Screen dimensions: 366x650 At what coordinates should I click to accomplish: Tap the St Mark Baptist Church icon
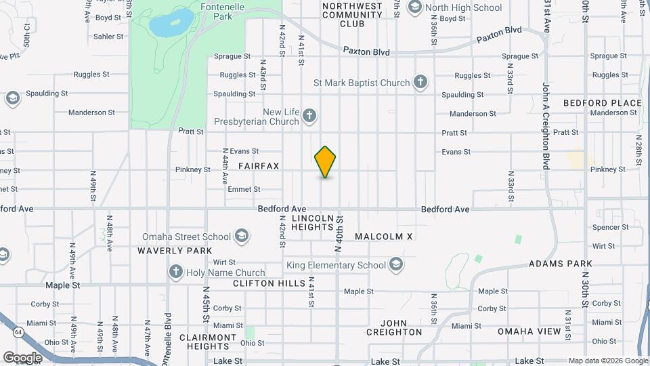pyautogui.click(x=420, y=83)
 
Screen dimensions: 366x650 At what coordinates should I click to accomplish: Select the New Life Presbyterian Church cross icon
pyautogui.click(x=310, y=116)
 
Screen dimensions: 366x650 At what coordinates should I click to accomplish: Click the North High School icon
pyautogui.click(x=415, y=7)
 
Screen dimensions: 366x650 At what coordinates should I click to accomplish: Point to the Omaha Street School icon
pyautogui.click(x=241, y=237)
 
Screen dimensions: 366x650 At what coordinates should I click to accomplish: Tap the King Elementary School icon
pyautogui.click(x=396, y=265)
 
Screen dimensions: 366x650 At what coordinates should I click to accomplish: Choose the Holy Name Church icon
pyautogui.click(x=176, y=272)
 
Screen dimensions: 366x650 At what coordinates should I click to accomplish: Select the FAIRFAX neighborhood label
pyautogui.click(x=258, y=166)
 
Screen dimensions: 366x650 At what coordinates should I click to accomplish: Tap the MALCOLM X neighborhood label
pyautogui.click(x=383, y=237)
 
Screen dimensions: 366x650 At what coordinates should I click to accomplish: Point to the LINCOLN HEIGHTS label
pyautogui.click(x=313, y=223)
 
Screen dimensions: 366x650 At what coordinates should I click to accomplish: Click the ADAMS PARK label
pyautogui.click(x=561, y=264)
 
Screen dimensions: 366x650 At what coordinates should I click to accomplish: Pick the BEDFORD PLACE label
pyautogui.click(x=602, y=103)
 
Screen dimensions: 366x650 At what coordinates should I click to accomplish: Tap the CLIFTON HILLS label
pyautogui.click(x=269, y=283)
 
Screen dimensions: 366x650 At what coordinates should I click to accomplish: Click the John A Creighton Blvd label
pyautogui.click(x=545, y=125)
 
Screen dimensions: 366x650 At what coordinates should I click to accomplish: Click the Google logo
pyautogui.click(x=22, y=357)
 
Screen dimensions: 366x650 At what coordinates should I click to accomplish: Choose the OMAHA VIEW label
pyautogui.click(x=529, y=331)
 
